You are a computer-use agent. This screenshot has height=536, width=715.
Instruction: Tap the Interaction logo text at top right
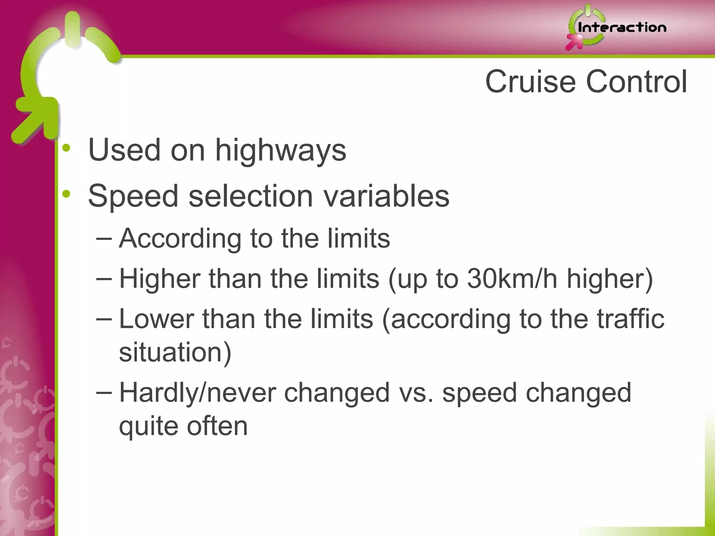click(x=622, y=28)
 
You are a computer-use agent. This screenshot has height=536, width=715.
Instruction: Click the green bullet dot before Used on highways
click(x=66, y=148)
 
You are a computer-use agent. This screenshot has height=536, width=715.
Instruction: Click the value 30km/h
click(x=512, y=279)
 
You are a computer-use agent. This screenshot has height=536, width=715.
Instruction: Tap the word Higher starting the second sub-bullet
click(x=160, y=279)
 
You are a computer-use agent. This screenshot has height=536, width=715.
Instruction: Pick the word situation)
click(x=175, y=352)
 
